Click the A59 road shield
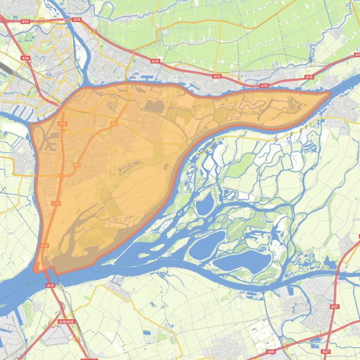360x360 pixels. point(271,351)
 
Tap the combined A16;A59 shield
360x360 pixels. point(66,322)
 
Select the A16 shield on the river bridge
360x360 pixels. point(50,285)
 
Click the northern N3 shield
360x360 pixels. point(114,123)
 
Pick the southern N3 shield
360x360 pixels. point(76,165)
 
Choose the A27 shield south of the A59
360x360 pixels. point(326,351)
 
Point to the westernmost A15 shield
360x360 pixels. point(25,21)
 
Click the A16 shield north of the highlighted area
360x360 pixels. point(25,58)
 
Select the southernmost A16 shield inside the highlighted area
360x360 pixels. point(45,245)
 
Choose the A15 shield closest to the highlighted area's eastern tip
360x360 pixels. point(309,77)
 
